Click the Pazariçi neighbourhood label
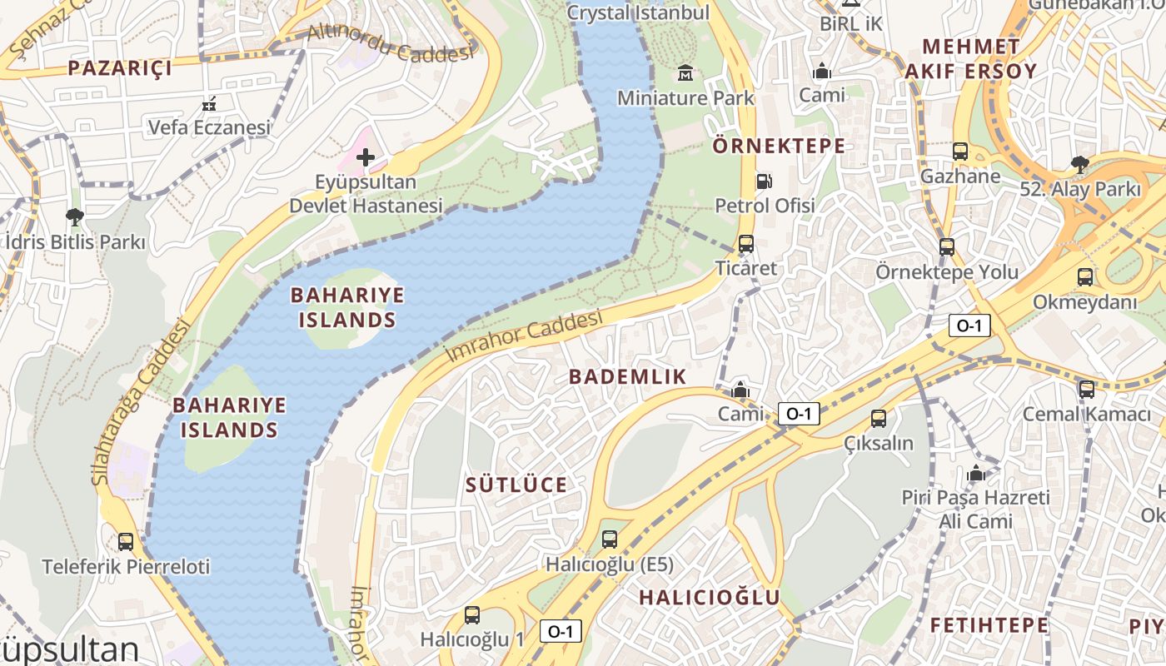click(x=120, y=68)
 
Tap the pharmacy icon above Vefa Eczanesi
click(x=209, y=104)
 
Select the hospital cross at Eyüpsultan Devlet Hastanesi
click(x=365, y=157)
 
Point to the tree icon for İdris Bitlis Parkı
click(x=74, y=218)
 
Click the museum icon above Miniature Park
click(x=685, y=73)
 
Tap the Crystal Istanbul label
click(x=638, y=12)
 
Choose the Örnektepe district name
click(x=779, y=147)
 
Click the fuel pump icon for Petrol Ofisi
click(x=763, y=181)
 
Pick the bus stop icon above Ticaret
click(x=745, y=244)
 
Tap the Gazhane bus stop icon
click(x=960, y=152)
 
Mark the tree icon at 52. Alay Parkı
click(x=1079, y=164)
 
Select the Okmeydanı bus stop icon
click(x=1085, y=277)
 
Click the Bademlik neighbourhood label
click(x=627, y=376)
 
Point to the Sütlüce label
click(x=516, y=485)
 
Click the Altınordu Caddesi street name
click(x=390, y=43)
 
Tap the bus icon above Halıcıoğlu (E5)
click(x=610, y=539)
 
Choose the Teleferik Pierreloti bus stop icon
click(x=126, y=542)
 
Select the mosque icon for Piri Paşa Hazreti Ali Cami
click(x=976, y=474)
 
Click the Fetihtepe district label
click(x=989, y=624)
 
